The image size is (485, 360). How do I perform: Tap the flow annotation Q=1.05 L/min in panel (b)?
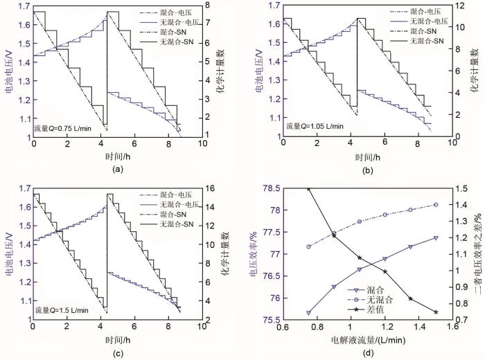point(314,127)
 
